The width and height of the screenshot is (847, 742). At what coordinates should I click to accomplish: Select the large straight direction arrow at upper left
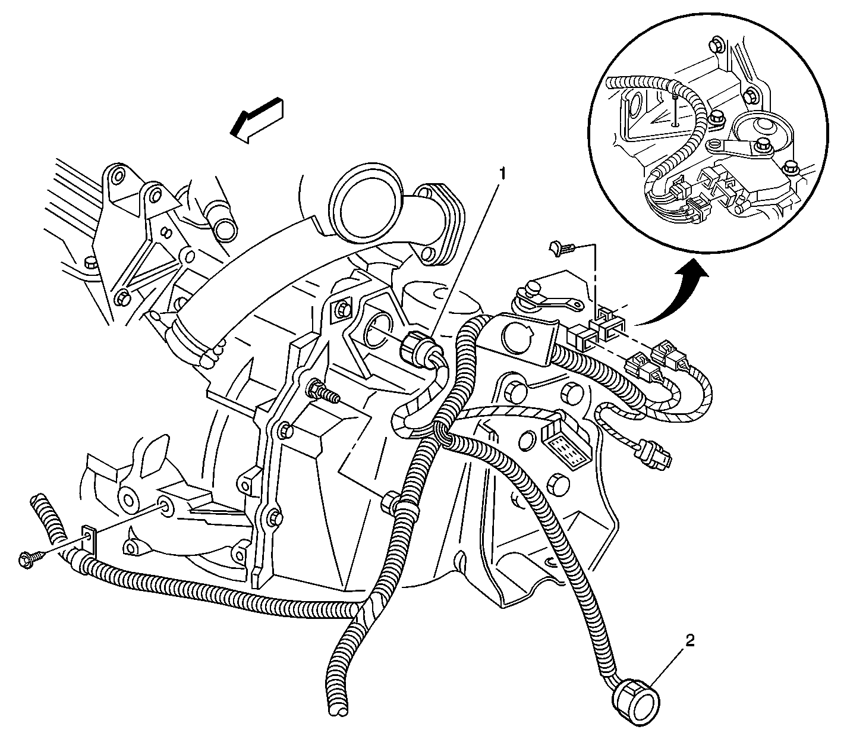(257, 120)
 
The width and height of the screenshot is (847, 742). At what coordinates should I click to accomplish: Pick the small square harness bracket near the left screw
(89, 540)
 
